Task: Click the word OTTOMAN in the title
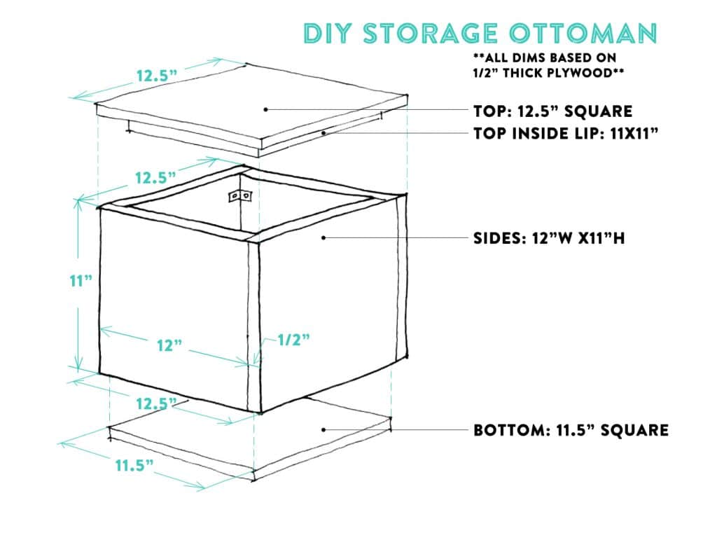click(583, 34)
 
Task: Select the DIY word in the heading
click(330, 34)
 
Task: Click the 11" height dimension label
click(81, 280)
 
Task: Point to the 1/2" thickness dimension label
click(294, 340)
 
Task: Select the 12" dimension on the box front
click(169, 345)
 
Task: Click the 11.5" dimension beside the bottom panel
click(134, 465)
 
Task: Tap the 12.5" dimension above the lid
click(157, 75)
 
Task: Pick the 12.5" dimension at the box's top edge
click(155, 177)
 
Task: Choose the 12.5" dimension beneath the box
click(156, 403)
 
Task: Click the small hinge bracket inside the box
click(240, 196)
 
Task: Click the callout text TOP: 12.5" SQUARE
click(553, 111)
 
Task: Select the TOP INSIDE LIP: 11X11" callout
click(566, 133)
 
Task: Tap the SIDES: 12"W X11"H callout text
click(549, 238)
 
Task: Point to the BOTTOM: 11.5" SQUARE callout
click(571, 430)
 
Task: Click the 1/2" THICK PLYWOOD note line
click(549, 73)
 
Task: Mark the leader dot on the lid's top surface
click(265, 109)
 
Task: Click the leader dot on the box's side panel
click(323, 238)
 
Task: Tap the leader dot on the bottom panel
click(323, 429)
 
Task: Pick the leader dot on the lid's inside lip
click(323, 133)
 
